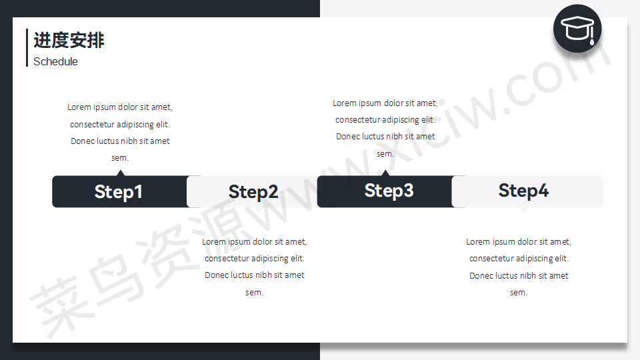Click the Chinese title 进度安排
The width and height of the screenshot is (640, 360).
click(x=69, y=41)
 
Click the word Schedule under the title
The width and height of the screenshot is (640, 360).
click(x=55, y=61)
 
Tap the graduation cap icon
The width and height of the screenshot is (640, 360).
click(x=577, y=29)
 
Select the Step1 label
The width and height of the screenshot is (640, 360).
click(x=119, y=192)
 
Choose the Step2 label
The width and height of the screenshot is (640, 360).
click(x=253, y=192)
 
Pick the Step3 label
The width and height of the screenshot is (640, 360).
click(x=389, y=191)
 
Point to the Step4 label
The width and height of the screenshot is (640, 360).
click(x=523, y=191)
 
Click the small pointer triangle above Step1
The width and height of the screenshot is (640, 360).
click(x=120, y=173)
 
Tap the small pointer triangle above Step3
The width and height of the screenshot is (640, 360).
click(x=385, y=173)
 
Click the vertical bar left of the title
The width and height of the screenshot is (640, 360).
click(x=27, y=47)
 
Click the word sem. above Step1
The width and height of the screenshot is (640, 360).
click(x=120, y=158)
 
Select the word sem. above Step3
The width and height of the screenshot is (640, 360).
click(x=385, y=154)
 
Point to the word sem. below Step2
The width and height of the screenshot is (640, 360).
click(x=254, y=292)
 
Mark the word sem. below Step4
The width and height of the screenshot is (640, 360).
click(x=519, y=292)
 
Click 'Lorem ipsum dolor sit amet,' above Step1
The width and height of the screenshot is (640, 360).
click(x=120, y=107)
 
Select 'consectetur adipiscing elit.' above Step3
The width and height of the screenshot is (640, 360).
click(x=385, y=119)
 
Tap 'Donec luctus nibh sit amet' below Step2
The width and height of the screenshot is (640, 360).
click(x=254, y=275)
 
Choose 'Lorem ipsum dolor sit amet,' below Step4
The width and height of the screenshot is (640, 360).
click(x=519, y=241)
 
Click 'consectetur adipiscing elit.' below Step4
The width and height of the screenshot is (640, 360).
click(x=519, y=259)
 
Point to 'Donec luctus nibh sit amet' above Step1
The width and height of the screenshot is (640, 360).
click(x=120, y=141)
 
